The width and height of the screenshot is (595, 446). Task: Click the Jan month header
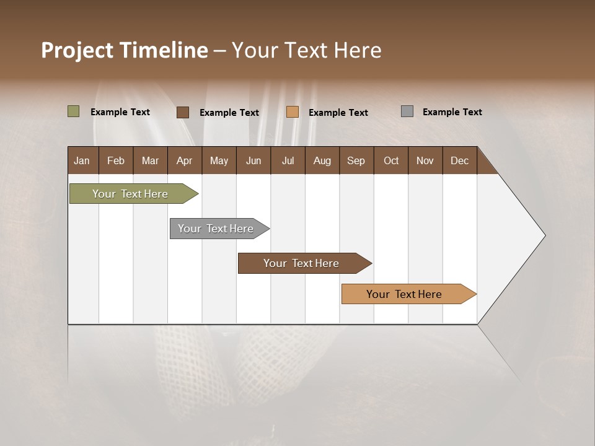[x=82, y=160]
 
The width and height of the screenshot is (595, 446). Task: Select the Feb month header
[x=116, y=160]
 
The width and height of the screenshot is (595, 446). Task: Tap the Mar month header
[x=150, y=160]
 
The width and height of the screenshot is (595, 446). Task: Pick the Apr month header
[x=185, y=160]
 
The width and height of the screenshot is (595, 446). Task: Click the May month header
[x=219, y=160]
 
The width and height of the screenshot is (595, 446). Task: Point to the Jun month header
[x=253, y=160]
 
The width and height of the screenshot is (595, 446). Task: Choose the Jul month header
[x=288, y=160]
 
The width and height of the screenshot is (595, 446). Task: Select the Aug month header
[x=322, y=160]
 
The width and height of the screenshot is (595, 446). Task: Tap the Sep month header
[x=356, y=160]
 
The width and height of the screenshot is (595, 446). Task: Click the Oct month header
[x=391, y=160]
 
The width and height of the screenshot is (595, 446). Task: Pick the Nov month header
[x=425, y=160]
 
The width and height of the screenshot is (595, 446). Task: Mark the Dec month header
[x=460, y=160]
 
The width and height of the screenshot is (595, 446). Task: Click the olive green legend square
[x=74, y=111]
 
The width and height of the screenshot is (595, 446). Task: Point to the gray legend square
[x=407, y=111]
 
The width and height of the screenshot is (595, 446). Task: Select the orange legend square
[x=293, y=112]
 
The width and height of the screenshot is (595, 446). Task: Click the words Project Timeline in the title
[x=125, y=50]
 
